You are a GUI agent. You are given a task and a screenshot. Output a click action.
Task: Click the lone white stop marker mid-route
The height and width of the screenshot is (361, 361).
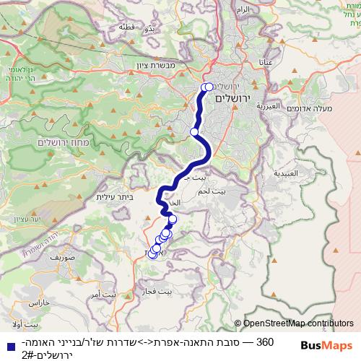(x=194, y=131)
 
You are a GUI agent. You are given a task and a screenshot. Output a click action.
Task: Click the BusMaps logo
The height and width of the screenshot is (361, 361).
(x=326, y=345)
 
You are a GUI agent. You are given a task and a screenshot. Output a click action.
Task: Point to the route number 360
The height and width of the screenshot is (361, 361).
(x=265, y=341)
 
